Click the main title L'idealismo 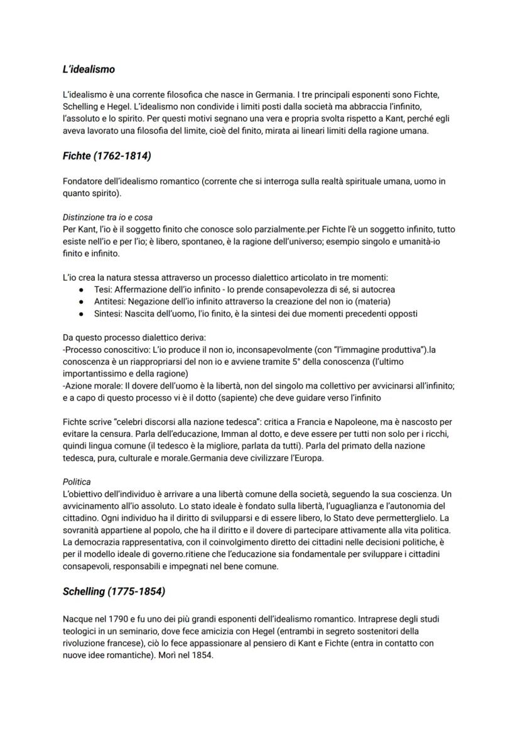pos(89,69)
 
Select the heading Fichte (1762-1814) pos(107,155)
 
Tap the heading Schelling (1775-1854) pos(114,591)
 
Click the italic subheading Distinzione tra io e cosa pos(107,217)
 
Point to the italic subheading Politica pos(77,482)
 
